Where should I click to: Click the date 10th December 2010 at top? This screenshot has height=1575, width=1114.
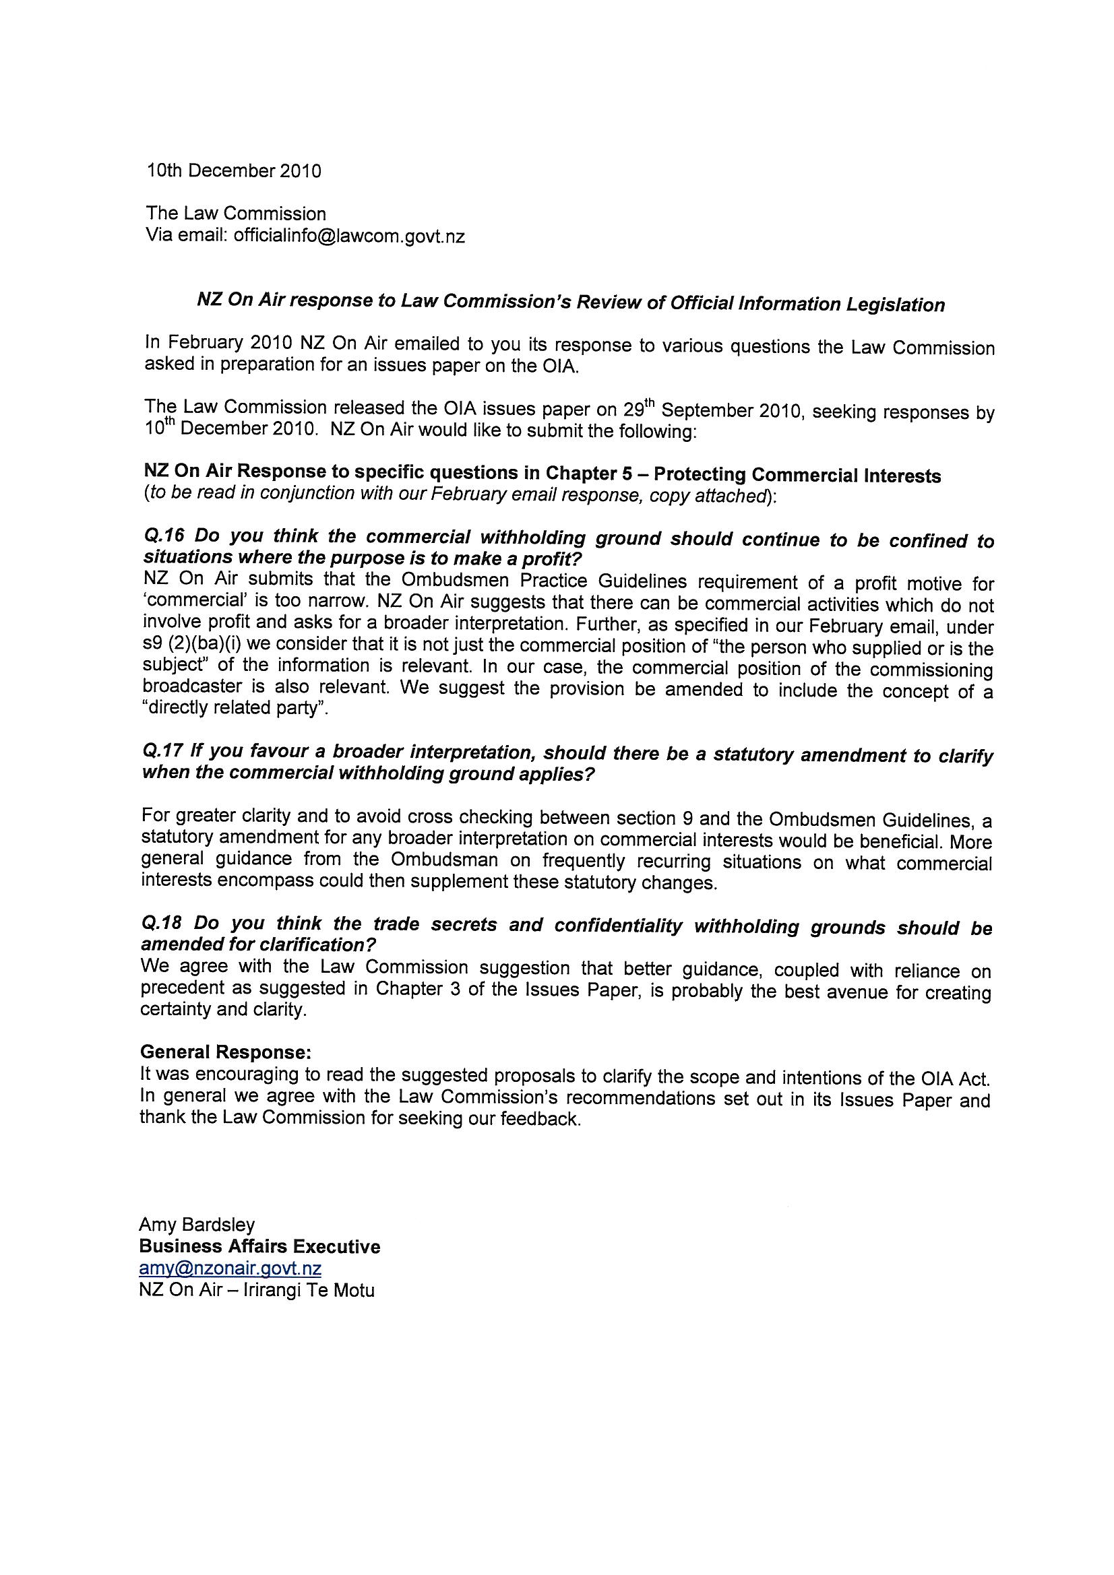pyautogui.click(x=233, y=170)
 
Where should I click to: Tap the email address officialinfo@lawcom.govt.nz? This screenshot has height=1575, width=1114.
pyautogui.click(x=348, y=236)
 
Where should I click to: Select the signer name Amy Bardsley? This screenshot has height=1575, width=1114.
pyautogui.click(x=196, y=1225)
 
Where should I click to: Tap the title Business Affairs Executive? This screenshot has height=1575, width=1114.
pyautogui.click(x=259, y=1246)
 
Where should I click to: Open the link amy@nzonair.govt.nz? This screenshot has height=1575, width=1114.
pyautogui.click(x=230, y=1268)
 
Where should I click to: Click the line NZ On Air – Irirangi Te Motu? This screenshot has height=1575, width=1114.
pyautogui.click(x=256, y=1290)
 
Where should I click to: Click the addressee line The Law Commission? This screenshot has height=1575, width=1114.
pyautogui.click(x=235, y=214)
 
